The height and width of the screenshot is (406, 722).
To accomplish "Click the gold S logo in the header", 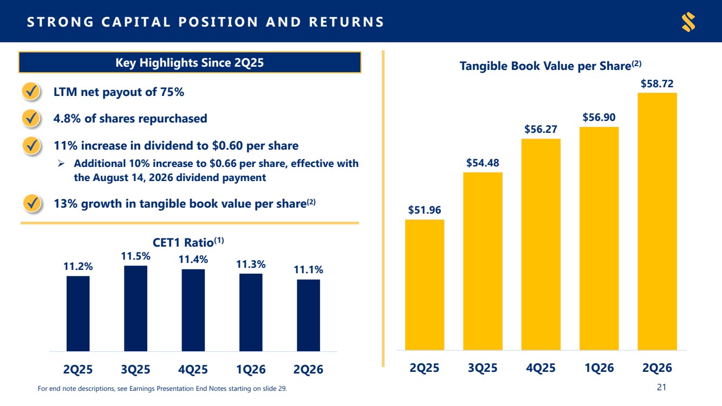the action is click(688, 22).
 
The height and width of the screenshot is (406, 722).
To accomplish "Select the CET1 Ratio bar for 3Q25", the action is click(136, 308).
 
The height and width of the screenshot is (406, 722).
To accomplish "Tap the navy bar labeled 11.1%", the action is click(309, 315).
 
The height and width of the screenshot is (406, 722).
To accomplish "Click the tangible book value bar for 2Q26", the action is click(657, 221).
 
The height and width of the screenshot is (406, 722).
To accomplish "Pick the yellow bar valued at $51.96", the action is click(425, 285).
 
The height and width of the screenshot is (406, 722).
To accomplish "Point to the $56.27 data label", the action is click(541, 130).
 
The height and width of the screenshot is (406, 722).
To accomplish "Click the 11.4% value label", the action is click(193, 259).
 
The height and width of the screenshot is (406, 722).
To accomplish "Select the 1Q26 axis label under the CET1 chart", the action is click(251, 369).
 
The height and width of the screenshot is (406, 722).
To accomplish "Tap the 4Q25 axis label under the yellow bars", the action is click(541, 368).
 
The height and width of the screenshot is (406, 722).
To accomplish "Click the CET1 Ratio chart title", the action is click(188, 242).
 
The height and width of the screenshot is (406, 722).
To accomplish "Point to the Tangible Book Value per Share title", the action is click(550, 66).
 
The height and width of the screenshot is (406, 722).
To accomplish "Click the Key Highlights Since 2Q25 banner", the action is click(190, 62).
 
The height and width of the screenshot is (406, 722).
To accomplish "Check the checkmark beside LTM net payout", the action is click(31, 91).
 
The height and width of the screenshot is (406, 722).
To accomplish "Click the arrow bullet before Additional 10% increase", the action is click(61, 164).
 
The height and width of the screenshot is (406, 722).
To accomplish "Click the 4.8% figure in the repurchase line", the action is click(67, 118).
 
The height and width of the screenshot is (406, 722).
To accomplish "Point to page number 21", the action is click(661, 387).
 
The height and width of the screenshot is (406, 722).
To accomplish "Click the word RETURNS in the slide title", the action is click(347, 22).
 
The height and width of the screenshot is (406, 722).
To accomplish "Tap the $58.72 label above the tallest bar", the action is click(657, 84).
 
